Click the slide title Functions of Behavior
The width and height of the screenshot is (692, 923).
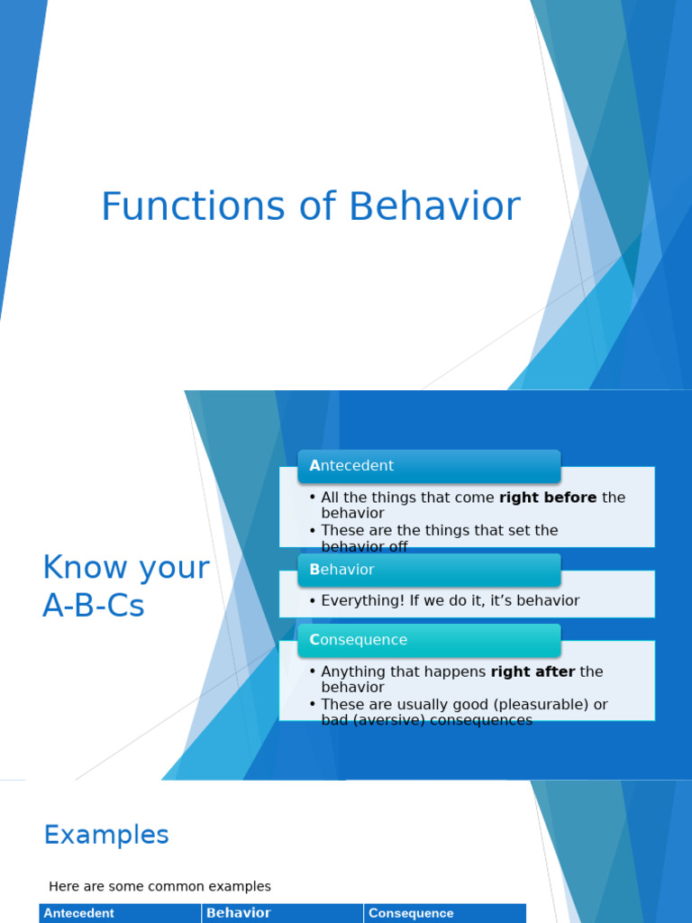click(x=310, y=206)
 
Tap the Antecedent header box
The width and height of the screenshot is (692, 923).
click(x=429, y=466)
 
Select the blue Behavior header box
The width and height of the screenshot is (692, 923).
click(x=429, y=570)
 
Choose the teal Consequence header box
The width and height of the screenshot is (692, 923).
click(x=429, y=640)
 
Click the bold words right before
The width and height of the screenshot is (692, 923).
click(x=548, y=498)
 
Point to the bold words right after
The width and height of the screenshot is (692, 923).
click(x=533, y=672)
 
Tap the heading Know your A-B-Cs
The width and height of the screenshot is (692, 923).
click(x=125, y=587)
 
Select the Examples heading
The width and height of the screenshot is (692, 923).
click(x=106, y=836)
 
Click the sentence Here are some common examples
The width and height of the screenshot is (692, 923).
click(x=159, y=887)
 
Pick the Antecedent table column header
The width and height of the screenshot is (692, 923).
click(x=79, y=913)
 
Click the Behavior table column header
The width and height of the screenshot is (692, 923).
click(x=239, y=913)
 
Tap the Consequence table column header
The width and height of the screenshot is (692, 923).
click(x=411, y=913)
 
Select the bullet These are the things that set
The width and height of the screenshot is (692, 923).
click(x=439, y=531)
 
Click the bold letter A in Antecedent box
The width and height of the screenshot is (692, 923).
click(x=314, y=466)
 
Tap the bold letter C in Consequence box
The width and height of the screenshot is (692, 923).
click(x=314, y=640)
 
